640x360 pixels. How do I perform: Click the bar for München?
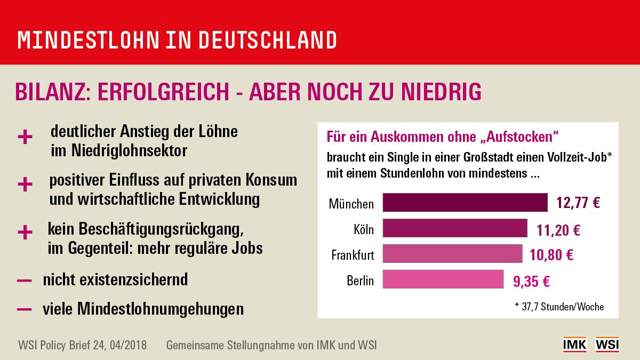tap(465, 203)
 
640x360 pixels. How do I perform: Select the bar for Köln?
tap(455, 229)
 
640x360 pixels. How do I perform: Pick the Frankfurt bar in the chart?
tap(452, 254)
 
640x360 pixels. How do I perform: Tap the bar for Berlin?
tap(443, 279)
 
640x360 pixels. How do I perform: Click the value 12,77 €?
tap(578, 203)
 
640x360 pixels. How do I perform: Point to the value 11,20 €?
tap(558, 230)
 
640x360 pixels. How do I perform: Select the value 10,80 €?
tap(551, 255)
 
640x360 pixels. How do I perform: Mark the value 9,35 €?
tap(532, 281)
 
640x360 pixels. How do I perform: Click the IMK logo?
tap(574, 345)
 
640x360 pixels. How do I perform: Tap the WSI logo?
tap(607, 345)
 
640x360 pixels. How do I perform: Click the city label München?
tap(351, 204)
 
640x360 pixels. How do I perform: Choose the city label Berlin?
tap(360, 281)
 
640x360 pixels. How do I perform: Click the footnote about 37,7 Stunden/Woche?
tap(559, 307)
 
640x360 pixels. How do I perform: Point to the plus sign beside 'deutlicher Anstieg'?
tap(25, 138)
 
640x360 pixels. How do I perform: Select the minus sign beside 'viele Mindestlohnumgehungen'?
tap(25, 309)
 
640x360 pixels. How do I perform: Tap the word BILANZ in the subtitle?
tap(46, 92)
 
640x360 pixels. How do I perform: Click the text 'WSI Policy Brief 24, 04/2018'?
tap(82, 345)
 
